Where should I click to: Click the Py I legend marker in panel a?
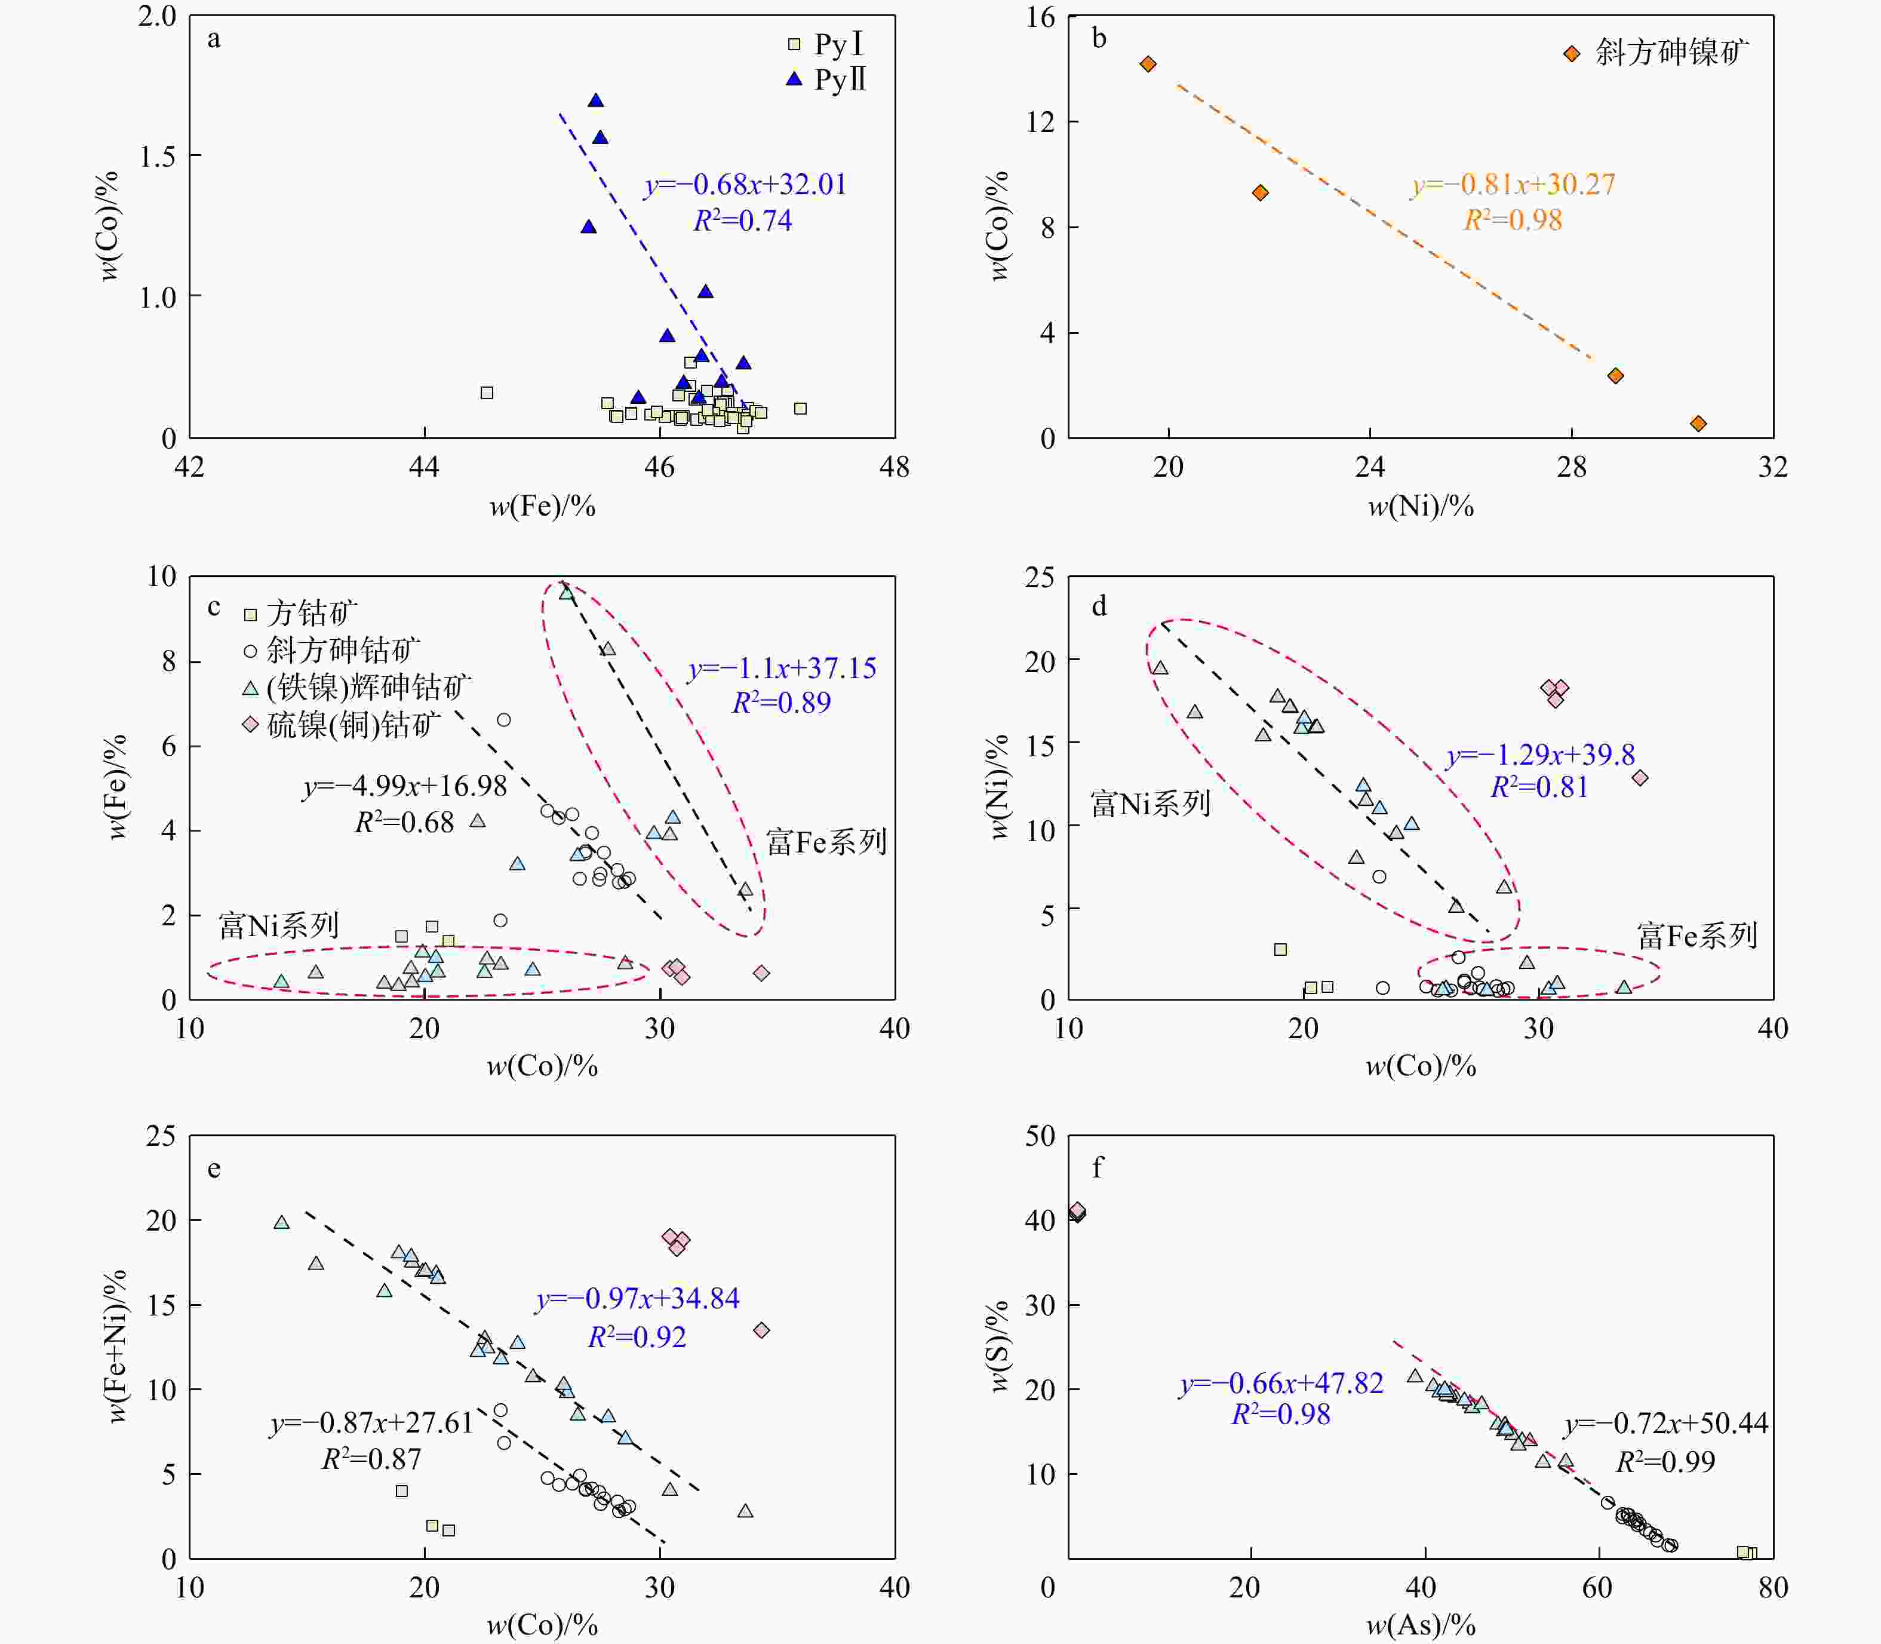point(794,44)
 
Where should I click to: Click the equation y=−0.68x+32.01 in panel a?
point(745,185)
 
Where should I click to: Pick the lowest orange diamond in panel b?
point(1698,423)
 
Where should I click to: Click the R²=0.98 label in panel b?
point(1513,220)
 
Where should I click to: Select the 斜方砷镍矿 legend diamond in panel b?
point(1572,53)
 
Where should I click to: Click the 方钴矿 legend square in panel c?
point(250,614)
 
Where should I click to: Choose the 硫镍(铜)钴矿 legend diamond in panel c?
point(250,725)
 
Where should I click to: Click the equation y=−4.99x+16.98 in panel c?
point(404,786)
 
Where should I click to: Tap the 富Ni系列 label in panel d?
point(1151,803)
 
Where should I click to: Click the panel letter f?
point(1098,1168)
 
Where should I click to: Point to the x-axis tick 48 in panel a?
point(894,467)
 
